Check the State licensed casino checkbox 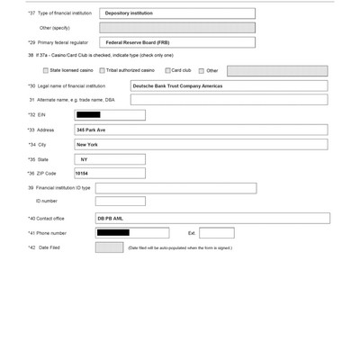pos(46,70)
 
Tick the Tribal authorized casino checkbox pos(103,70)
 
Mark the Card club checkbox pos(168,70)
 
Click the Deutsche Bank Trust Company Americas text pos(177,86)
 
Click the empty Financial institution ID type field pos(175,188)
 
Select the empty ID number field pos(120,202)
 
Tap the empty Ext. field pos(217,233)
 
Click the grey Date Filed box pos(109,247)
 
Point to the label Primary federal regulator pos(64,42)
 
